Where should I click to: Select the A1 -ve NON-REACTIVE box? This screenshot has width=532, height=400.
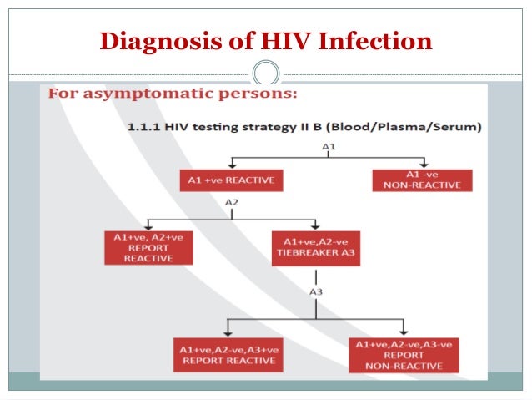[422, 180]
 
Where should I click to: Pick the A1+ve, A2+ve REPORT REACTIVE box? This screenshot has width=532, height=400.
[149, 248]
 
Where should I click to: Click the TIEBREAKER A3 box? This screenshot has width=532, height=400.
[315, 248]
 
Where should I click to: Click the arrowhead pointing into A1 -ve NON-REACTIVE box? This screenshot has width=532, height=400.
[424, 165]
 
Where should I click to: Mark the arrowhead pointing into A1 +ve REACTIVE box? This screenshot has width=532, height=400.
[232, 165]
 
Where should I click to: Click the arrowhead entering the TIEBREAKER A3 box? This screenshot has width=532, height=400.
[315, 225]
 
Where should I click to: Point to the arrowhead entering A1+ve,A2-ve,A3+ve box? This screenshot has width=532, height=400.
[228, 332]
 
